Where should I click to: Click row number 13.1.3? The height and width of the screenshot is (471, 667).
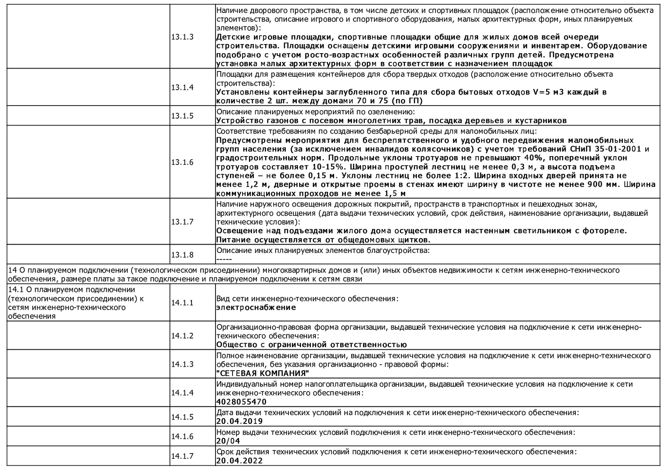tap(182, 37)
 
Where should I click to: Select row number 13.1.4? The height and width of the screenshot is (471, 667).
tap(182, 87)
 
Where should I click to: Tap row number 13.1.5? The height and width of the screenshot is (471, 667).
tap(182, 116)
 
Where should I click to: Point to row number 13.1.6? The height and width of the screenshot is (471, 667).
tap(182, 162)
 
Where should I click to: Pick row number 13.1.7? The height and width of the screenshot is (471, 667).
tap(182, 222)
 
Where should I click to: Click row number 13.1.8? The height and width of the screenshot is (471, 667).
tap(182, 255)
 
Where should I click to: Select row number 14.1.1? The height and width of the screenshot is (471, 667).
tap(182, 303)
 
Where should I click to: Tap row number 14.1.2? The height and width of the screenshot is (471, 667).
tap(182, 336)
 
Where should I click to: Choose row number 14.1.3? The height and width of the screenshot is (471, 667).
tap(182, 364)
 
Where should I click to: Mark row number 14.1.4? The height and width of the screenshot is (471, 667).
tap(182, 392)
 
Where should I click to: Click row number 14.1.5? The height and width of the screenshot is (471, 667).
tap(182, 417)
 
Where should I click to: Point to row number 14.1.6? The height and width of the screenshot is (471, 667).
tap(182, 437)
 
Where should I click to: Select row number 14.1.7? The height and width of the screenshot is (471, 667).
tap(182, 456)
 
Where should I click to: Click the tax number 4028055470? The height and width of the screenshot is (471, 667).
tap(241, 402)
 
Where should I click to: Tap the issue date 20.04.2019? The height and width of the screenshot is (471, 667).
tap(239, 421)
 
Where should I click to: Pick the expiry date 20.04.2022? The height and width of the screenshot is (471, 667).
tap(239, 461)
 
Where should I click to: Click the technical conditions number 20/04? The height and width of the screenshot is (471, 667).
tap(228, 441)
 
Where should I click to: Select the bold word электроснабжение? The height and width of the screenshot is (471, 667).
tap(256, 307)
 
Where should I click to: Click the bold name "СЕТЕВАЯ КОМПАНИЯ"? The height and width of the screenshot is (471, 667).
tap(263, 373)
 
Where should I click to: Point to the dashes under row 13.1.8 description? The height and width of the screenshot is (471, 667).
tap(224, 259)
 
